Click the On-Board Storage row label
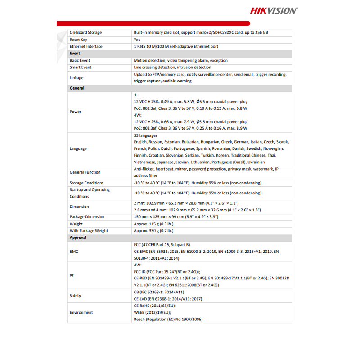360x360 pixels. pos(85,32)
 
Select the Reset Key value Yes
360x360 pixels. pos(137,40)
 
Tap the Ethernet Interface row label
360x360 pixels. pos(86,46)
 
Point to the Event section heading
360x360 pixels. pos(75,54)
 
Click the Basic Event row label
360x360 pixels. pos(80,60)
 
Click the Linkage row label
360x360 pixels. pos(76,78)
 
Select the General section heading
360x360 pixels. pos(77,88)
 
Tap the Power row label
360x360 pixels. pos(75,112)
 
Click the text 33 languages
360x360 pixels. pos(145,135)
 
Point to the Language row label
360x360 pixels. pos(78,148)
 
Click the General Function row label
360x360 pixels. pos(85,172)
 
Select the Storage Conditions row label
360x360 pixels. pos(86,183)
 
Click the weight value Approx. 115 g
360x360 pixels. pos(153,224)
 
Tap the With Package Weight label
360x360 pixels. pos(89,231)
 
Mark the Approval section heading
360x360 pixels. pos(78,238)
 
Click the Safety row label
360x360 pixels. pos(76,295)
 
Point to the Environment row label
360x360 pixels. pos(81,312)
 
